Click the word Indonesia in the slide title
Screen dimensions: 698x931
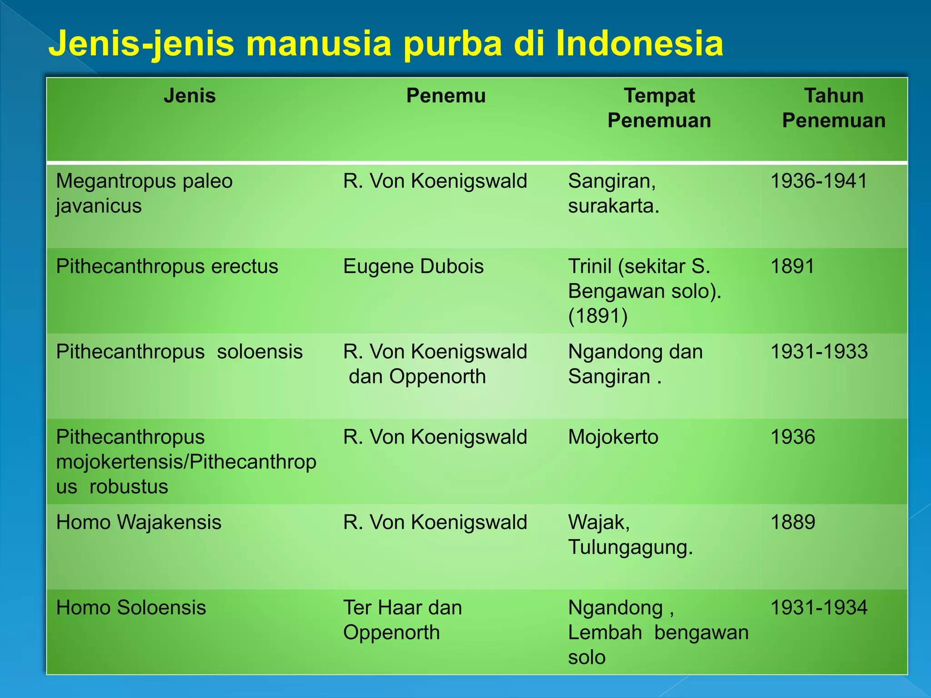pos(639,43)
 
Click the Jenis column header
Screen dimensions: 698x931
pos(190,96)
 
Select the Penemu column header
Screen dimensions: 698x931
pos(445,96)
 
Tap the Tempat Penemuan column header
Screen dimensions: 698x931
pos(659,108)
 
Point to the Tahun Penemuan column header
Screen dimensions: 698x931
pos(833,108)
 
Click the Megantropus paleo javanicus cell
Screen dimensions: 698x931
pos(144,193)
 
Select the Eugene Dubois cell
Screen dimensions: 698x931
pos(413,266)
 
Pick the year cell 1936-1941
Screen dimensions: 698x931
pos(819,181)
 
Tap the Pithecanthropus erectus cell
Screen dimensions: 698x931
pos(167,266)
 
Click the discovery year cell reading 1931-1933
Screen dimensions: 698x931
pos(819,352)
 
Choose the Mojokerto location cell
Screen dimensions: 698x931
pos(613,437)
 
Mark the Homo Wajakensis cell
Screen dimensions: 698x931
pos(139,522)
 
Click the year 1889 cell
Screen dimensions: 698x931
pos(793,522)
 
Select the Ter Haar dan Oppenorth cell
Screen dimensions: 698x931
pos(402,620)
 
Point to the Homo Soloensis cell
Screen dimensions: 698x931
pos(131,608)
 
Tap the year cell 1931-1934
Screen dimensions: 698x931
pos(819,608)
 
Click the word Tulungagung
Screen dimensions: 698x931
pos(630,547)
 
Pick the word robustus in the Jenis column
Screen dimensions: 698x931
pos(129,487)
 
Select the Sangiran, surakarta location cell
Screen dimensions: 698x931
pos(613,193)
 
